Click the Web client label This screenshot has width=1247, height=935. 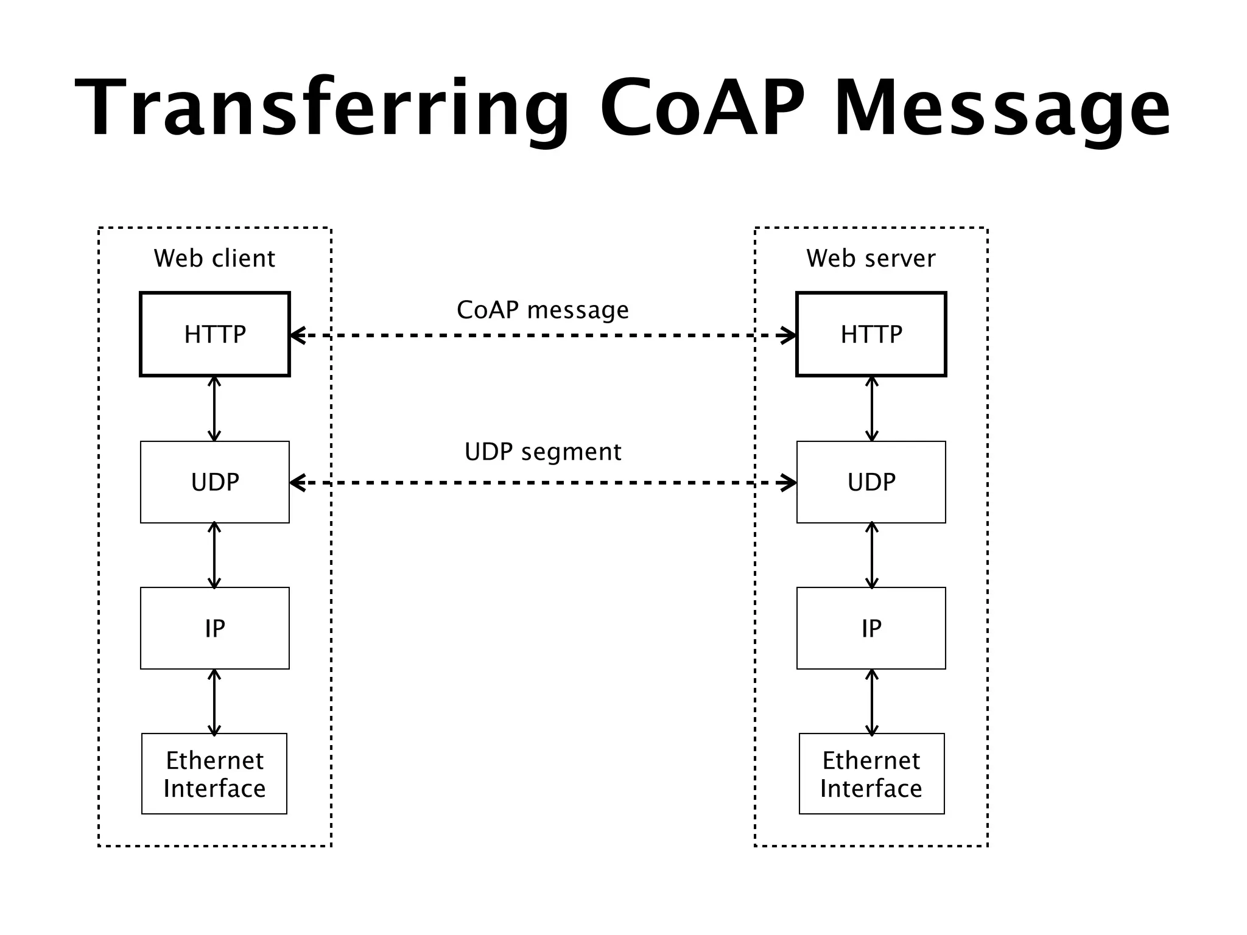pos(214,258)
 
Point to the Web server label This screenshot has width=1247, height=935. pos(871,258)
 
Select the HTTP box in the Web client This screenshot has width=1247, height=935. pos(215,334)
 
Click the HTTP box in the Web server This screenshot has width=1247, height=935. pos(871,334)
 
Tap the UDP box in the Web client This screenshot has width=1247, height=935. pos(215,482)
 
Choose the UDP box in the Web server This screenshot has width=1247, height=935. pos(871,482)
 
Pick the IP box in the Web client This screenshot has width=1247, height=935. pos(215,628)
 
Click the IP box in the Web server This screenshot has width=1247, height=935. pos(871,628)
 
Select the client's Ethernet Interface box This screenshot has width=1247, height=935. pos(214,774)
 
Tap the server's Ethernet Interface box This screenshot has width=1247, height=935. pos(871,774)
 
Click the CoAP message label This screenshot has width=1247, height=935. pos(543,310)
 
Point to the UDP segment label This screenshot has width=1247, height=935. pos(543,452)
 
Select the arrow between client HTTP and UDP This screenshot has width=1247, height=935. pos(214,408)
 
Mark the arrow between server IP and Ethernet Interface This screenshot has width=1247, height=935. pos(872,702)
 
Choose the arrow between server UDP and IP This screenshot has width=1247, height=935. pos(872,555)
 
